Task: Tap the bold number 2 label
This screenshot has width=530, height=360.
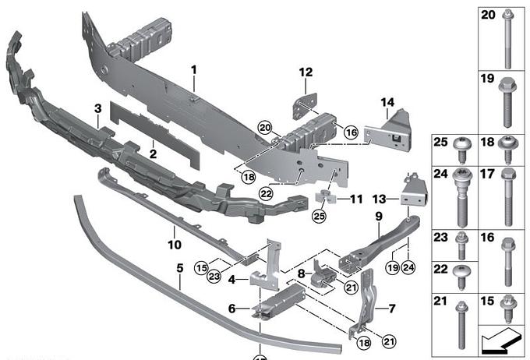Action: tap(154, 154)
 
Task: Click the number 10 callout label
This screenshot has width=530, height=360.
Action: tap(175, 231)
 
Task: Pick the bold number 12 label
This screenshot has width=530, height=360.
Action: tap(305, 72)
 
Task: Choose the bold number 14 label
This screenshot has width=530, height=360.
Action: tap(387, 101)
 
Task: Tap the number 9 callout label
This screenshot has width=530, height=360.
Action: tap(379, 216)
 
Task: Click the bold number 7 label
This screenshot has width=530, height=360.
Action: tap(392, 309)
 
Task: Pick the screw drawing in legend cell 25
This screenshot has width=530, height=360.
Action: tap(461, 150)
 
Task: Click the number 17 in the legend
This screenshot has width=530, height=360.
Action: tap(488, 175)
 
